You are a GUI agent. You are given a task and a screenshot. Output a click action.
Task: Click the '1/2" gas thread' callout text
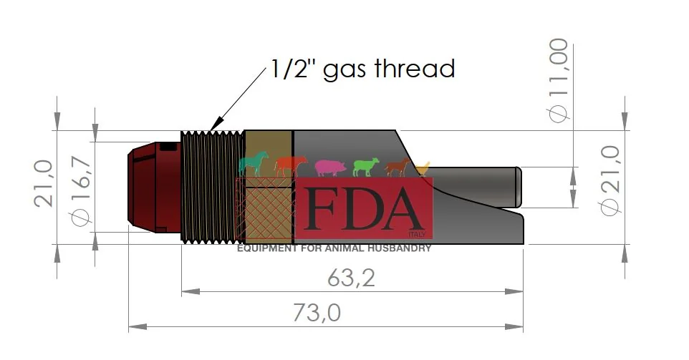point(362,70)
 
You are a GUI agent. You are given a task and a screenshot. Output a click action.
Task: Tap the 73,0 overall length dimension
point(317,313)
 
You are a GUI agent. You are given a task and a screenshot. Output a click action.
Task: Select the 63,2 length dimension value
point(351,278)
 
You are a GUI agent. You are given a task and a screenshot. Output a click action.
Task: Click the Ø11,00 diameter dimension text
point(559,80)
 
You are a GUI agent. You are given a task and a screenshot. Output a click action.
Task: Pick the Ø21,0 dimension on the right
point(610,180)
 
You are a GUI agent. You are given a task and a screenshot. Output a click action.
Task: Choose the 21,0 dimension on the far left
point(44,183)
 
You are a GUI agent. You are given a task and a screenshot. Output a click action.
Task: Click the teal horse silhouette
point(253,164)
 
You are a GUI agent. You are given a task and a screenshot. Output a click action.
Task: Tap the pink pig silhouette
point(330,167)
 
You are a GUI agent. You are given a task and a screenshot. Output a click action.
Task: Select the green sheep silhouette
point(366,167)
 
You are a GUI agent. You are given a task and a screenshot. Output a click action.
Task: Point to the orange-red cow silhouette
point(291,166)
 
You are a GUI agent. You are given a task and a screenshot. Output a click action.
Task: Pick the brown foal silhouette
point(398,167)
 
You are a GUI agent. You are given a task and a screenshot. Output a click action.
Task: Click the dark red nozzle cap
point(154,187)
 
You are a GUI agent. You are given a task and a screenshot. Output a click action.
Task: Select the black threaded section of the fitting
point(212,187)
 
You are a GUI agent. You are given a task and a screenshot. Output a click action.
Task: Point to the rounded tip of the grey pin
point(519,188)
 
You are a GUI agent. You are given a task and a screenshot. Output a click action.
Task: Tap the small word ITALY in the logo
point(417,235)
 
